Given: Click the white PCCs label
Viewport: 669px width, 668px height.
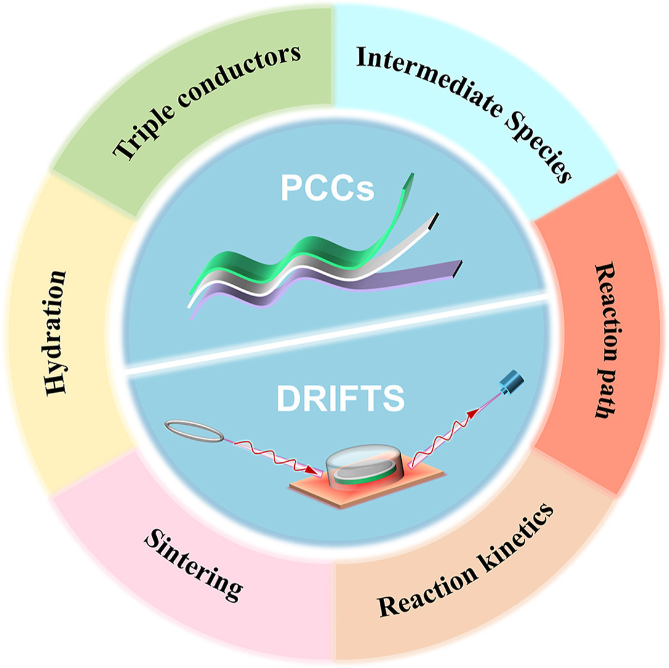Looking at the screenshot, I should [x=327, y=188].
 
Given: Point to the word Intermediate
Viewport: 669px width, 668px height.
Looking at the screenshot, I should [x=430, y=76].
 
